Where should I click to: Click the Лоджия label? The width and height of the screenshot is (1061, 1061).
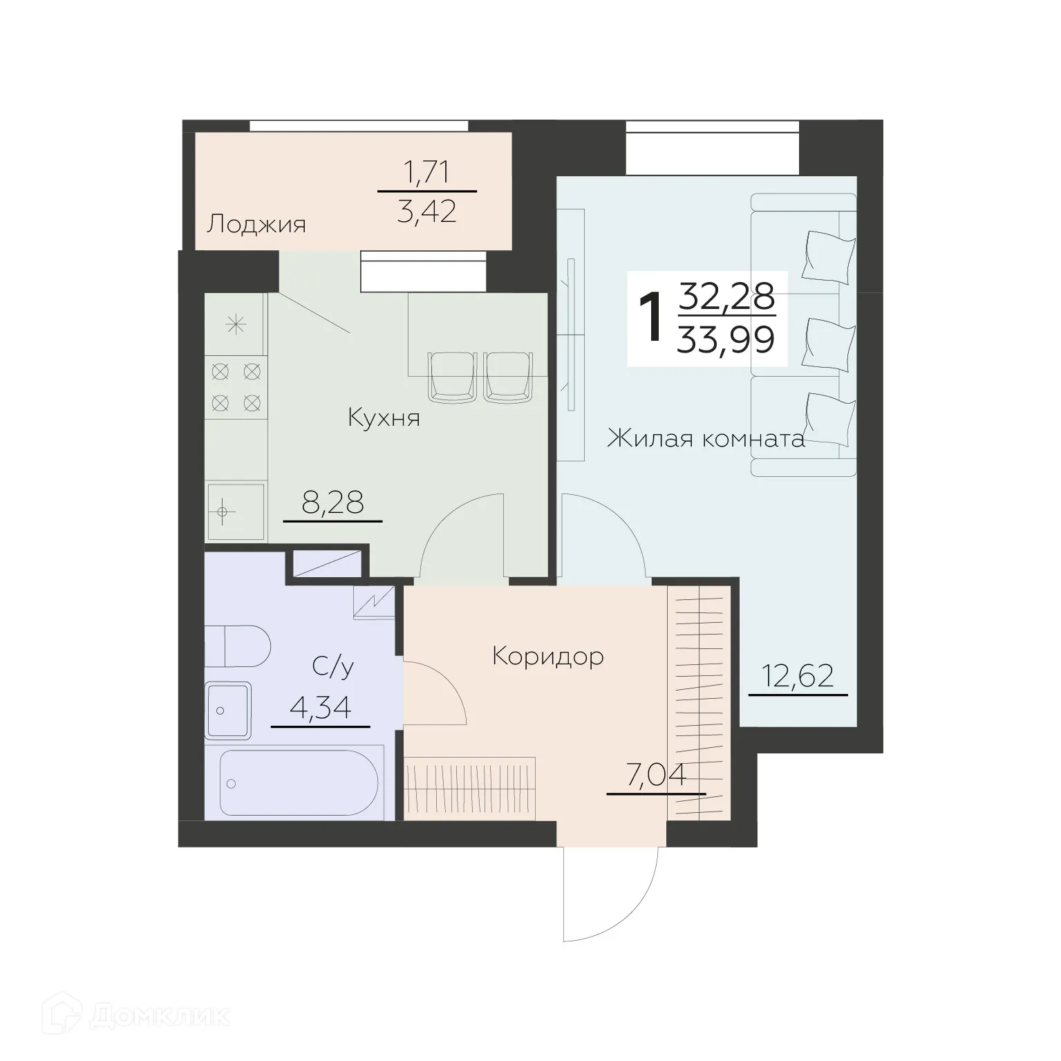click(x=256, y=225)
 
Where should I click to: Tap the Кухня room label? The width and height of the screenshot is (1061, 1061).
click(x=384, y=418)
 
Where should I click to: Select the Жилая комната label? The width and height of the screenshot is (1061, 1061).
click(x=706, y=439)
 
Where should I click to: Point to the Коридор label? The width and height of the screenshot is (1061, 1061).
click(x=548, y=656)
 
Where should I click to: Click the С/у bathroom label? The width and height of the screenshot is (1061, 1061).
click(x=333, y=666)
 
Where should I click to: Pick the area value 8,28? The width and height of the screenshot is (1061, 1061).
click(x=332, y=503)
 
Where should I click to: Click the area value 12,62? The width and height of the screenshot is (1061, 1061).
click(x=798, y=675)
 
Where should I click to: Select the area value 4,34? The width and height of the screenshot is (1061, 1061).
click(x=321, y=708)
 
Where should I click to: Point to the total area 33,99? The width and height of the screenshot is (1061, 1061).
click(x=725, y=340)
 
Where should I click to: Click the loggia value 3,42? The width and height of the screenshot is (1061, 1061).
click(x=427, y=212)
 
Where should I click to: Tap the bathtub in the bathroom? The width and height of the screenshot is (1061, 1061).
click(x=299, y=784)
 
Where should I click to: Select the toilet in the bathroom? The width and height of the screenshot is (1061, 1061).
click(x=238, y=646)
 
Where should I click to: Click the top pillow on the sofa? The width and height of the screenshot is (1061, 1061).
click(x=829, y=254)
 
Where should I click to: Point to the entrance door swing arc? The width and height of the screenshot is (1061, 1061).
click(x=608, y=899)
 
